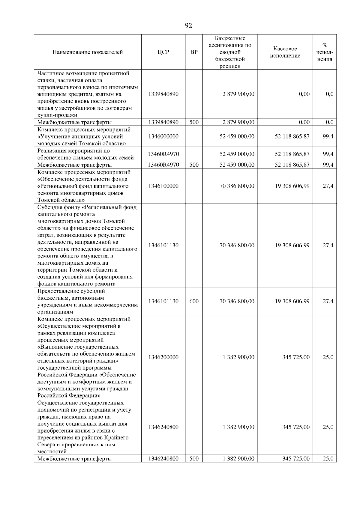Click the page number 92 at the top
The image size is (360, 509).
coord(188,26)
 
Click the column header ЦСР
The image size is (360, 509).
coord(163,52)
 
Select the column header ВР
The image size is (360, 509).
coord(194,52)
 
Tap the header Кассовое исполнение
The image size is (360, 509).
coord(285,52)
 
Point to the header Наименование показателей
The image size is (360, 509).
coord(88,52)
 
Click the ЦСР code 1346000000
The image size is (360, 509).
coord(163,136)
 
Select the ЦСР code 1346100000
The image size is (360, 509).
coord(163,186)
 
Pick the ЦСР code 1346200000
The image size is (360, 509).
coord(163,357)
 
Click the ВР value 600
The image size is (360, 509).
coord(194,301)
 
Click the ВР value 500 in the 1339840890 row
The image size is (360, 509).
coord(194,122)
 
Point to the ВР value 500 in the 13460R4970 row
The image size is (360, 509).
coord(194,165)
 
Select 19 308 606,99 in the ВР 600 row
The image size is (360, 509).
coord(292,301)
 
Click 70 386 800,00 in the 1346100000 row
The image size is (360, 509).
coord(237,186)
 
